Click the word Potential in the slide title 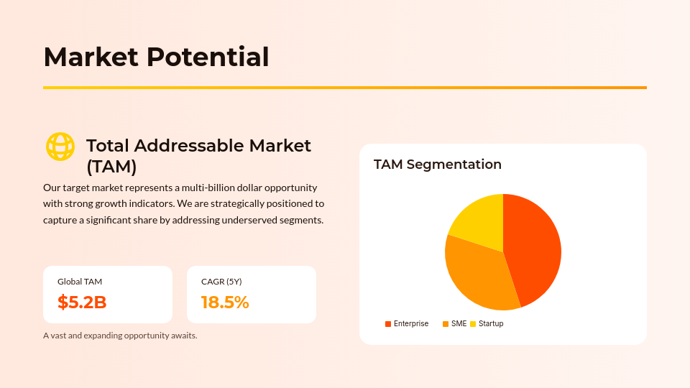[x=208, y=57]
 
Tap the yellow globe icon [x=60, y=147]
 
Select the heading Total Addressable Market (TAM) [x=198, y=156]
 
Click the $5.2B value [x=82, y=302]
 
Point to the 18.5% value [x=225, y=302]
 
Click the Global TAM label [x=80, y=282]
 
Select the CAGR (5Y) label [x=221, y=282]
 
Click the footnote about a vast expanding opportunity [x=120, y=336]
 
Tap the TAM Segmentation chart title [x=438, y=165]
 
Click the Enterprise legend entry [x=407, y=324]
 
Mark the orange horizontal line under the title [x=345, y=88]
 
